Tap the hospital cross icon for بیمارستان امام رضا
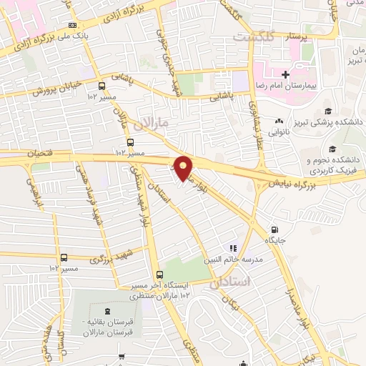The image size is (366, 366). (x=285, y=74)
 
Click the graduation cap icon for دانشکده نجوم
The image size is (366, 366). (x=333, y=148)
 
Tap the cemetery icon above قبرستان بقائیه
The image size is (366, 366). (x=108, y=311)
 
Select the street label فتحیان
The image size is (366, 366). (x=41, y=153)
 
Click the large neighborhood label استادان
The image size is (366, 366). (x=232, y=282)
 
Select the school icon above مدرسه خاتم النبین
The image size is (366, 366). (x=232, y=248)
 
